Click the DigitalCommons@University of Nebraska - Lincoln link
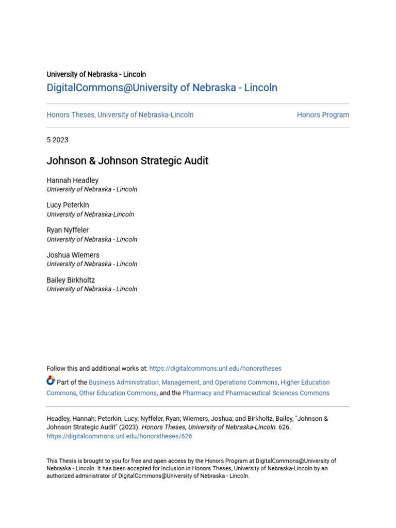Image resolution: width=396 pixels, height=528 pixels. point(162,88)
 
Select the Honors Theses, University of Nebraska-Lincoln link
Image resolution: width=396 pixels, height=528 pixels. point(120,115)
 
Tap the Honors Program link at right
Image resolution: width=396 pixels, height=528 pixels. point(323,115)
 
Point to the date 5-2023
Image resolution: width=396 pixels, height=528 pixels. point(57,140)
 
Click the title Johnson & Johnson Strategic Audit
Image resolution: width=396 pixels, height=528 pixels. point(127,161)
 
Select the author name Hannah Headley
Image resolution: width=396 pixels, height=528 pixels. point(72,180)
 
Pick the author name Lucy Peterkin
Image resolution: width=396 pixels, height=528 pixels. point(68,205)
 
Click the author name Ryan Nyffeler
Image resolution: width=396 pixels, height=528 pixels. point(68,230)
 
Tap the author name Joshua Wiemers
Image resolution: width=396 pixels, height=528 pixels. point(73,255)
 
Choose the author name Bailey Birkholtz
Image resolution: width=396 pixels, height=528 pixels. point(71,280)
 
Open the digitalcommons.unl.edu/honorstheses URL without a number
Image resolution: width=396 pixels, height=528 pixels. point(216,369)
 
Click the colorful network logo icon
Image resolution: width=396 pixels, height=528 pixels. point(51,381)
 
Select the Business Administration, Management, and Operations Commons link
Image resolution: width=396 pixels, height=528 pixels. point(183,383)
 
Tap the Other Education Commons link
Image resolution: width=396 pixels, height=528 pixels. point(118,393)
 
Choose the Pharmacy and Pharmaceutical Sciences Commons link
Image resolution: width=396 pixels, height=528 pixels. point(256,393)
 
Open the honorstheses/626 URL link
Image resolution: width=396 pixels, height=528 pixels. point(119,436)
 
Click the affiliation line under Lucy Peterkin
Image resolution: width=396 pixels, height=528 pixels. point(90,214)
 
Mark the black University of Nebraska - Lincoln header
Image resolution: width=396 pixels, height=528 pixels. point(96,74)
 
